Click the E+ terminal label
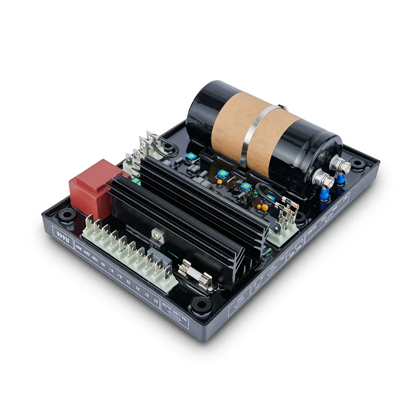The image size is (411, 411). [119, 277]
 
